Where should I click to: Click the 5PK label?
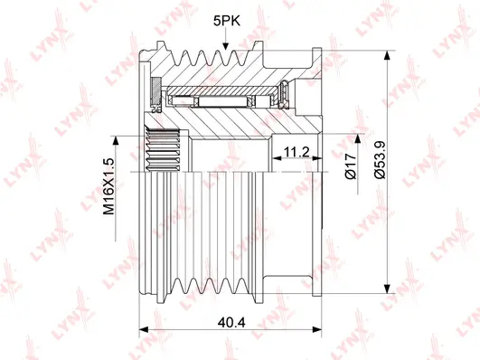(227, 21)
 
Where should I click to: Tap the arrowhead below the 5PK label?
(225, 46)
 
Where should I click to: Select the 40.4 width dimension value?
(231, 322)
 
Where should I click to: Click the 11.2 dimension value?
(296, 152)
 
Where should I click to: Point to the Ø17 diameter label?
(351, 166)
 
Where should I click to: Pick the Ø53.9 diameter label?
(381, 160)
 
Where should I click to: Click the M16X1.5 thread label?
(108, 187)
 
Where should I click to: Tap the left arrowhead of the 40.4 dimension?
(144, 329)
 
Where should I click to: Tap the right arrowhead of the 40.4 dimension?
(317, 329)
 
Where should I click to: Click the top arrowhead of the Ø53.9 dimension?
(387, 55)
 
